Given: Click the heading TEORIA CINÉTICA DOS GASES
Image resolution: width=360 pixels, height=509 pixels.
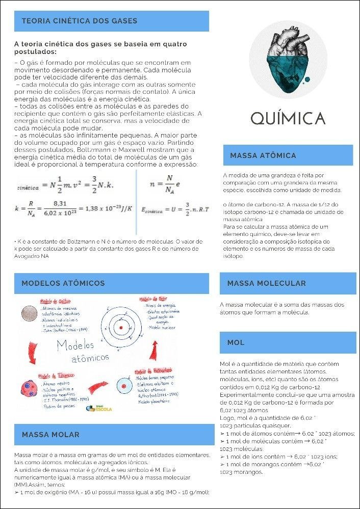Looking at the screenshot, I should click(80, 21).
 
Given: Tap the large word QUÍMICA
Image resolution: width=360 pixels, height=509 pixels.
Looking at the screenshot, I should click(288, 118).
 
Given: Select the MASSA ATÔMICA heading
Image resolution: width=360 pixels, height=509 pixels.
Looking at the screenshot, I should click(263, 155).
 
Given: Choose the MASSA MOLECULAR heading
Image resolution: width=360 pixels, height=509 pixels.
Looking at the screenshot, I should click(267, 283).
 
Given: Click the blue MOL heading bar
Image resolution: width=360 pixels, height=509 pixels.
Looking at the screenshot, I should click(236, 342).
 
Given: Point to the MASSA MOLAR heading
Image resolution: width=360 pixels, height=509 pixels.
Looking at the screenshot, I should click(51, 435).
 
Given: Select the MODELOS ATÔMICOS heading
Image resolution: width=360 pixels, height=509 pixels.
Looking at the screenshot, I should click(63, 283).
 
